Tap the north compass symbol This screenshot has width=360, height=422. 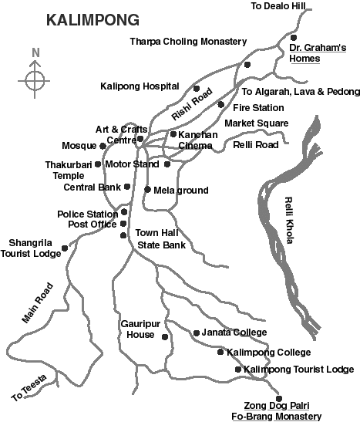[x=35, y=79]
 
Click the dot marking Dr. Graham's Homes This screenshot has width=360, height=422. [x=294, y=37]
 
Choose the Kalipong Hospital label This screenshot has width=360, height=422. [x=140, y=86]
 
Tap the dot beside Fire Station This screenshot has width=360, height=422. [x=221, y=104]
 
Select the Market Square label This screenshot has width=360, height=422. [x=256, y=123]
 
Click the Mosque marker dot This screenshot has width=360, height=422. [x=103, y=145]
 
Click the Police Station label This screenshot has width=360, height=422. [x=86, y=214]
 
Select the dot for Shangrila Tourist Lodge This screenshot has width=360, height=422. [x=65, y=248]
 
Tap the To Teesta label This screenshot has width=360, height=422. [x=29, y=389]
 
